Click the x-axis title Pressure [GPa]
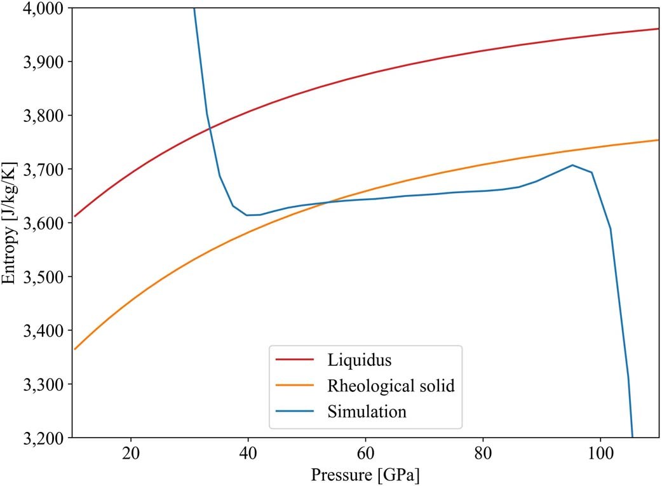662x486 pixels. coord(365,475)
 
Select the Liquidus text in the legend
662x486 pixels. coord(360,360)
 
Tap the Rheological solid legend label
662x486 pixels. coord(391,386)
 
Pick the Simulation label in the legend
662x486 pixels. coord(367,411)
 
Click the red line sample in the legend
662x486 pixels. coord(295,360)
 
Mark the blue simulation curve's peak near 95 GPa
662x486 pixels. coord(572,165)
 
